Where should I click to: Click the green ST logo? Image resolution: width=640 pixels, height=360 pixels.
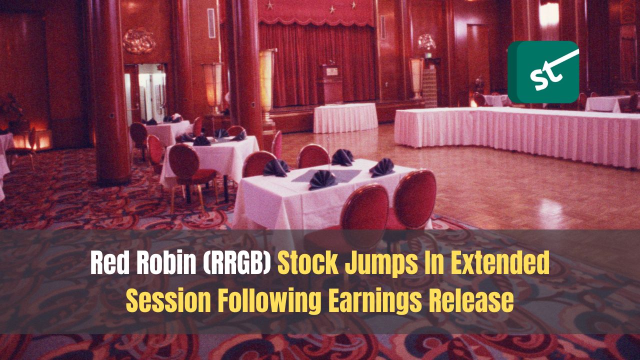tap(543, 72)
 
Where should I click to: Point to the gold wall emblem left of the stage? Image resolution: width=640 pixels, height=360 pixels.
tap(138, 40)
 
